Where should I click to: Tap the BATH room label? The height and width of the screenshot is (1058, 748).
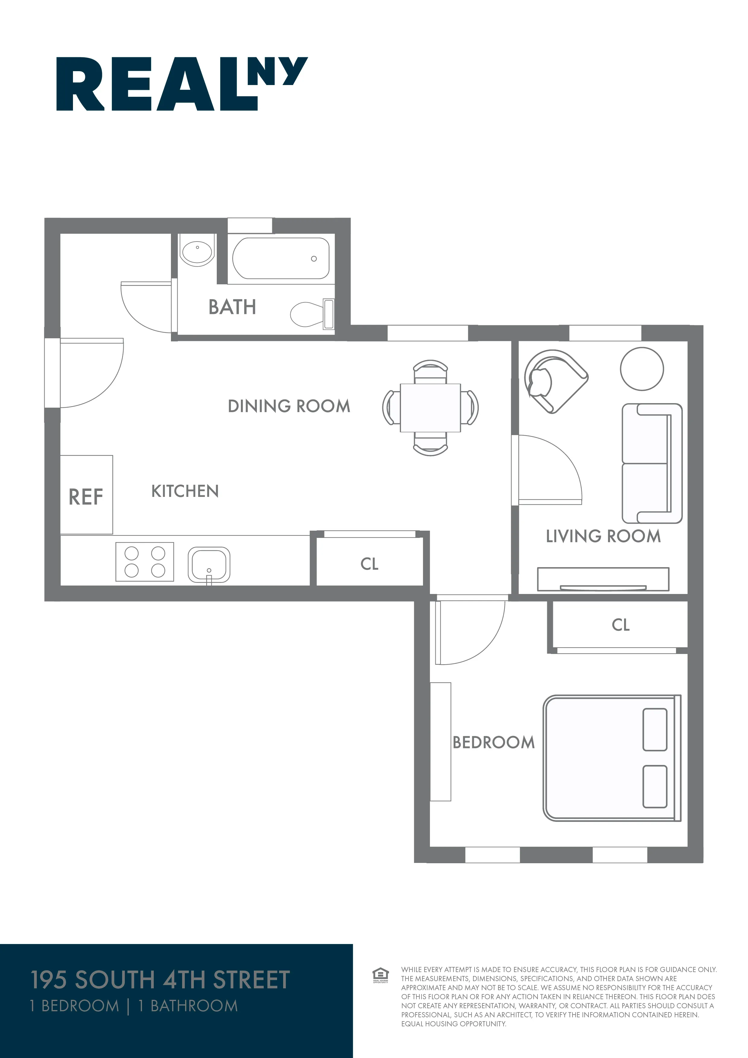(x=232, y=307)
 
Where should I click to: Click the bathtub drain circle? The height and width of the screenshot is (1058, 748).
(x=314, y=258)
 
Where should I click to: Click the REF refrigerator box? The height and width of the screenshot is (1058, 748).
(x=86, y=495)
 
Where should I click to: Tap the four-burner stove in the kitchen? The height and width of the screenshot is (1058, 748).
(x=145, y=562)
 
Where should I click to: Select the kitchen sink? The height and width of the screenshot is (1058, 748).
(x=209, y=564)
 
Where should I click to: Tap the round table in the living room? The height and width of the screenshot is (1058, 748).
(x=642, y=369)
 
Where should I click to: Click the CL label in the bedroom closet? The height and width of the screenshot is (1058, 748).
(x=620, y=625)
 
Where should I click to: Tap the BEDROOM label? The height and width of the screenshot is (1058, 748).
(x=494, y=742)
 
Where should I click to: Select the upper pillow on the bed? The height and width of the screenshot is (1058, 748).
(x=655, y=729)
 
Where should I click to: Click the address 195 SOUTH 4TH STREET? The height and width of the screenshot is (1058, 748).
(x=160, y=980)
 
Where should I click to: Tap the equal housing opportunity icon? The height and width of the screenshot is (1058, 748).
(x=380, y=975)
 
